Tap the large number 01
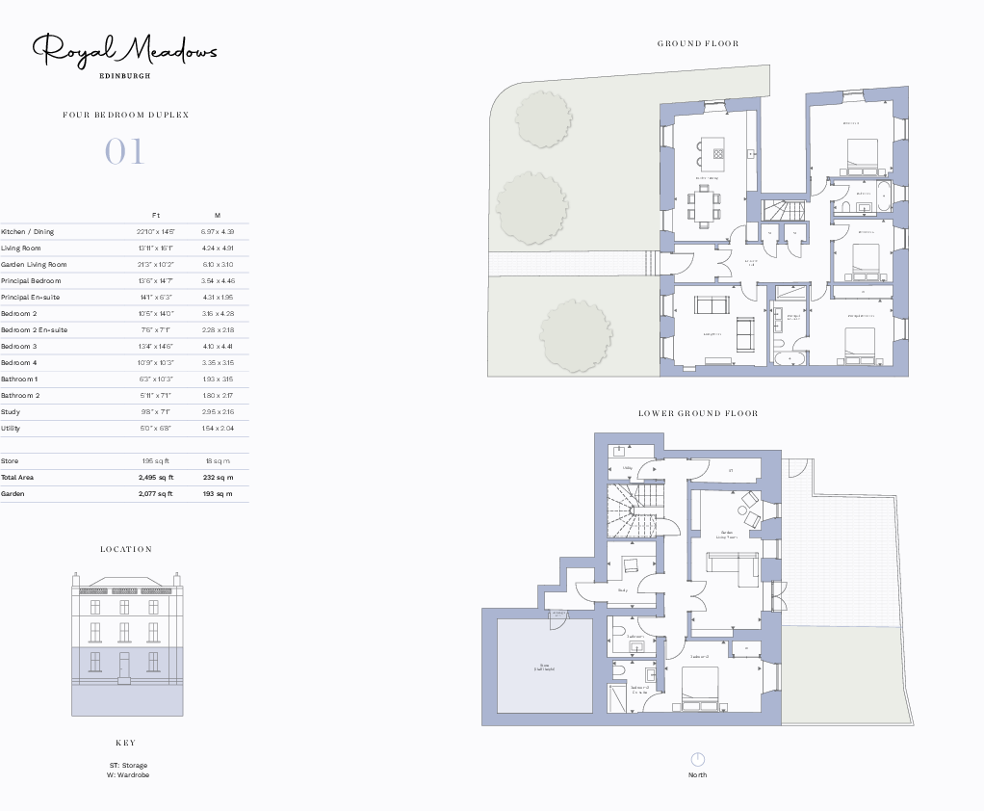[124, 152]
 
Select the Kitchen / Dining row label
[28, 232]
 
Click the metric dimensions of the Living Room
[217, 249]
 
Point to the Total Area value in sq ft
[156, 478]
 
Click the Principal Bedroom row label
[34, 281]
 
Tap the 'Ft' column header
[156, 215]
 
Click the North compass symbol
[698, 760]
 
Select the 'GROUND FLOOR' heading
[698, 43]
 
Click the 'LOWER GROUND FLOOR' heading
[698, 414]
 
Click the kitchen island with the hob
[713, 150]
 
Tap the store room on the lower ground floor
[544, 667]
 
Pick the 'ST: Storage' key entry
[128, 766]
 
